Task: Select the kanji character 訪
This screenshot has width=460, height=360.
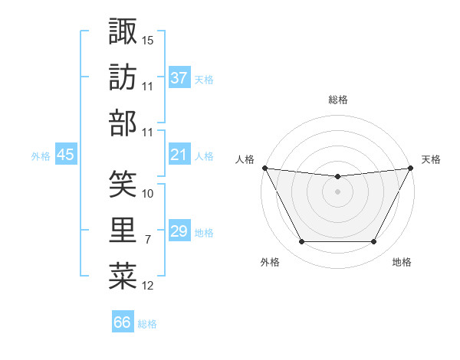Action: click(x=123, y=77)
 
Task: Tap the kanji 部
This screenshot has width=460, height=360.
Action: click(x=123, y=123)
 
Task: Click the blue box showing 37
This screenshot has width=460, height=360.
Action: click(x=179, y=78)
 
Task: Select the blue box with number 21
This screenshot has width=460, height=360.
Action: click(x=179, y=155)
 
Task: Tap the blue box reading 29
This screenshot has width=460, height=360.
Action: click(x=179, y=232)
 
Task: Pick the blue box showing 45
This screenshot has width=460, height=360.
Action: click(x=65, y=155)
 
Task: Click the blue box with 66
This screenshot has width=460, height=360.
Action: click(x=123, y=322)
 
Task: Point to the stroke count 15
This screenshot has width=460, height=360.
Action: click(x=148, y=40)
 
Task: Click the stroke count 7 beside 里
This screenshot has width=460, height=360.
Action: click(x=148, y=240)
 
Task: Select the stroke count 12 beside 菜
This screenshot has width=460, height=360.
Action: click(x=148, y=286)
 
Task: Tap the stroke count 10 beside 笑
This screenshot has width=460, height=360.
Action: click(x=148, y=193)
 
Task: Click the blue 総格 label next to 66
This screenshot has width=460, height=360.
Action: click(x=147, y=324)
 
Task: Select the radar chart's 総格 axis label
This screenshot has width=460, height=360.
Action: click(x=337, y=100)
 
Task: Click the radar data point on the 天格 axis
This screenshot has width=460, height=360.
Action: click(x=412, y=168)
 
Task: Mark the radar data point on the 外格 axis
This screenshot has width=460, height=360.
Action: click(x=301, y=242)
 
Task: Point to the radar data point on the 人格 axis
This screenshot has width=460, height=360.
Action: click(x=264, y=168)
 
